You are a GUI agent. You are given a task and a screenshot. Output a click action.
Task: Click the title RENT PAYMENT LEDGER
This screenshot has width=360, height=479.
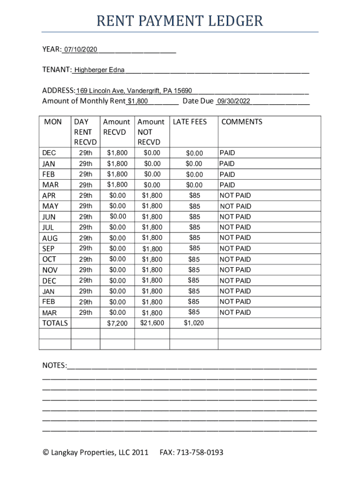click(x=180, y=21)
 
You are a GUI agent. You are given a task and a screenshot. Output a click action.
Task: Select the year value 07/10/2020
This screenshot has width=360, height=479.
click(x=81, y=49)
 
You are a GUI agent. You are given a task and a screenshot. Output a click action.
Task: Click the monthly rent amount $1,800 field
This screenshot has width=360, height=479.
click(x=138, y=101)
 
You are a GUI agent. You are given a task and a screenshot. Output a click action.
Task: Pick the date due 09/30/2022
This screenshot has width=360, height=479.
click(x=233, y=101)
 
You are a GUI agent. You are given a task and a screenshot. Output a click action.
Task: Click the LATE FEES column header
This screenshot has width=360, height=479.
click(x=190, y=122)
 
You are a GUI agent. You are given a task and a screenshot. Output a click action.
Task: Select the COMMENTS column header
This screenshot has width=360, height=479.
click(x=242, y=122)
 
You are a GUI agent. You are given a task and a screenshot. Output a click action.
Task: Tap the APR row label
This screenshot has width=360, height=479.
click(x=49, y=196)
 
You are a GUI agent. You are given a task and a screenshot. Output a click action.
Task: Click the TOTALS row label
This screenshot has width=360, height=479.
click(x=55, y=323)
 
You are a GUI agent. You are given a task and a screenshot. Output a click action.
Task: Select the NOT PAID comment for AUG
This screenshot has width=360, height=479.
click(x=235, y=238)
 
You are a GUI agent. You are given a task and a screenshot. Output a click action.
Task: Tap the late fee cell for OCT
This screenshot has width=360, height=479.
click(x=194, y=259)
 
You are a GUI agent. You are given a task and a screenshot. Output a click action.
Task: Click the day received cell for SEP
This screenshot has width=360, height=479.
click(x=86, y=248)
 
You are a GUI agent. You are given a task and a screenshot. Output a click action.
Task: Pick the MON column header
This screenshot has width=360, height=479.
click(x=53, y=122)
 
